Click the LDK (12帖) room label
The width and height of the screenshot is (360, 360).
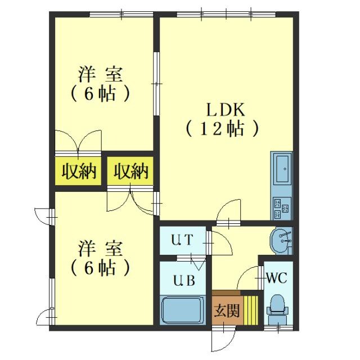coord(222,119)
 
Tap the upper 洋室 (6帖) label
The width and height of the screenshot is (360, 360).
coord(101,83)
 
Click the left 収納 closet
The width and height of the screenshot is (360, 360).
coord(78,171)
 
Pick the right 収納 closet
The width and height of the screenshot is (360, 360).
coord(130,171)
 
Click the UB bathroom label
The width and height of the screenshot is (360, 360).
coord(183,280)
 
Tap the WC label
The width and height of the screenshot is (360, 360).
coord(277,277)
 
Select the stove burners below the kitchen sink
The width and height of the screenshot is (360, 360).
coord(281,209)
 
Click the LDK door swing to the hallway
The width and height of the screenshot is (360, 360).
coord(228,212)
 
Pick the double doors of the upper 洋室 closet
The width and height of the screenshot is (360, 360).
coord(78,141)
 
